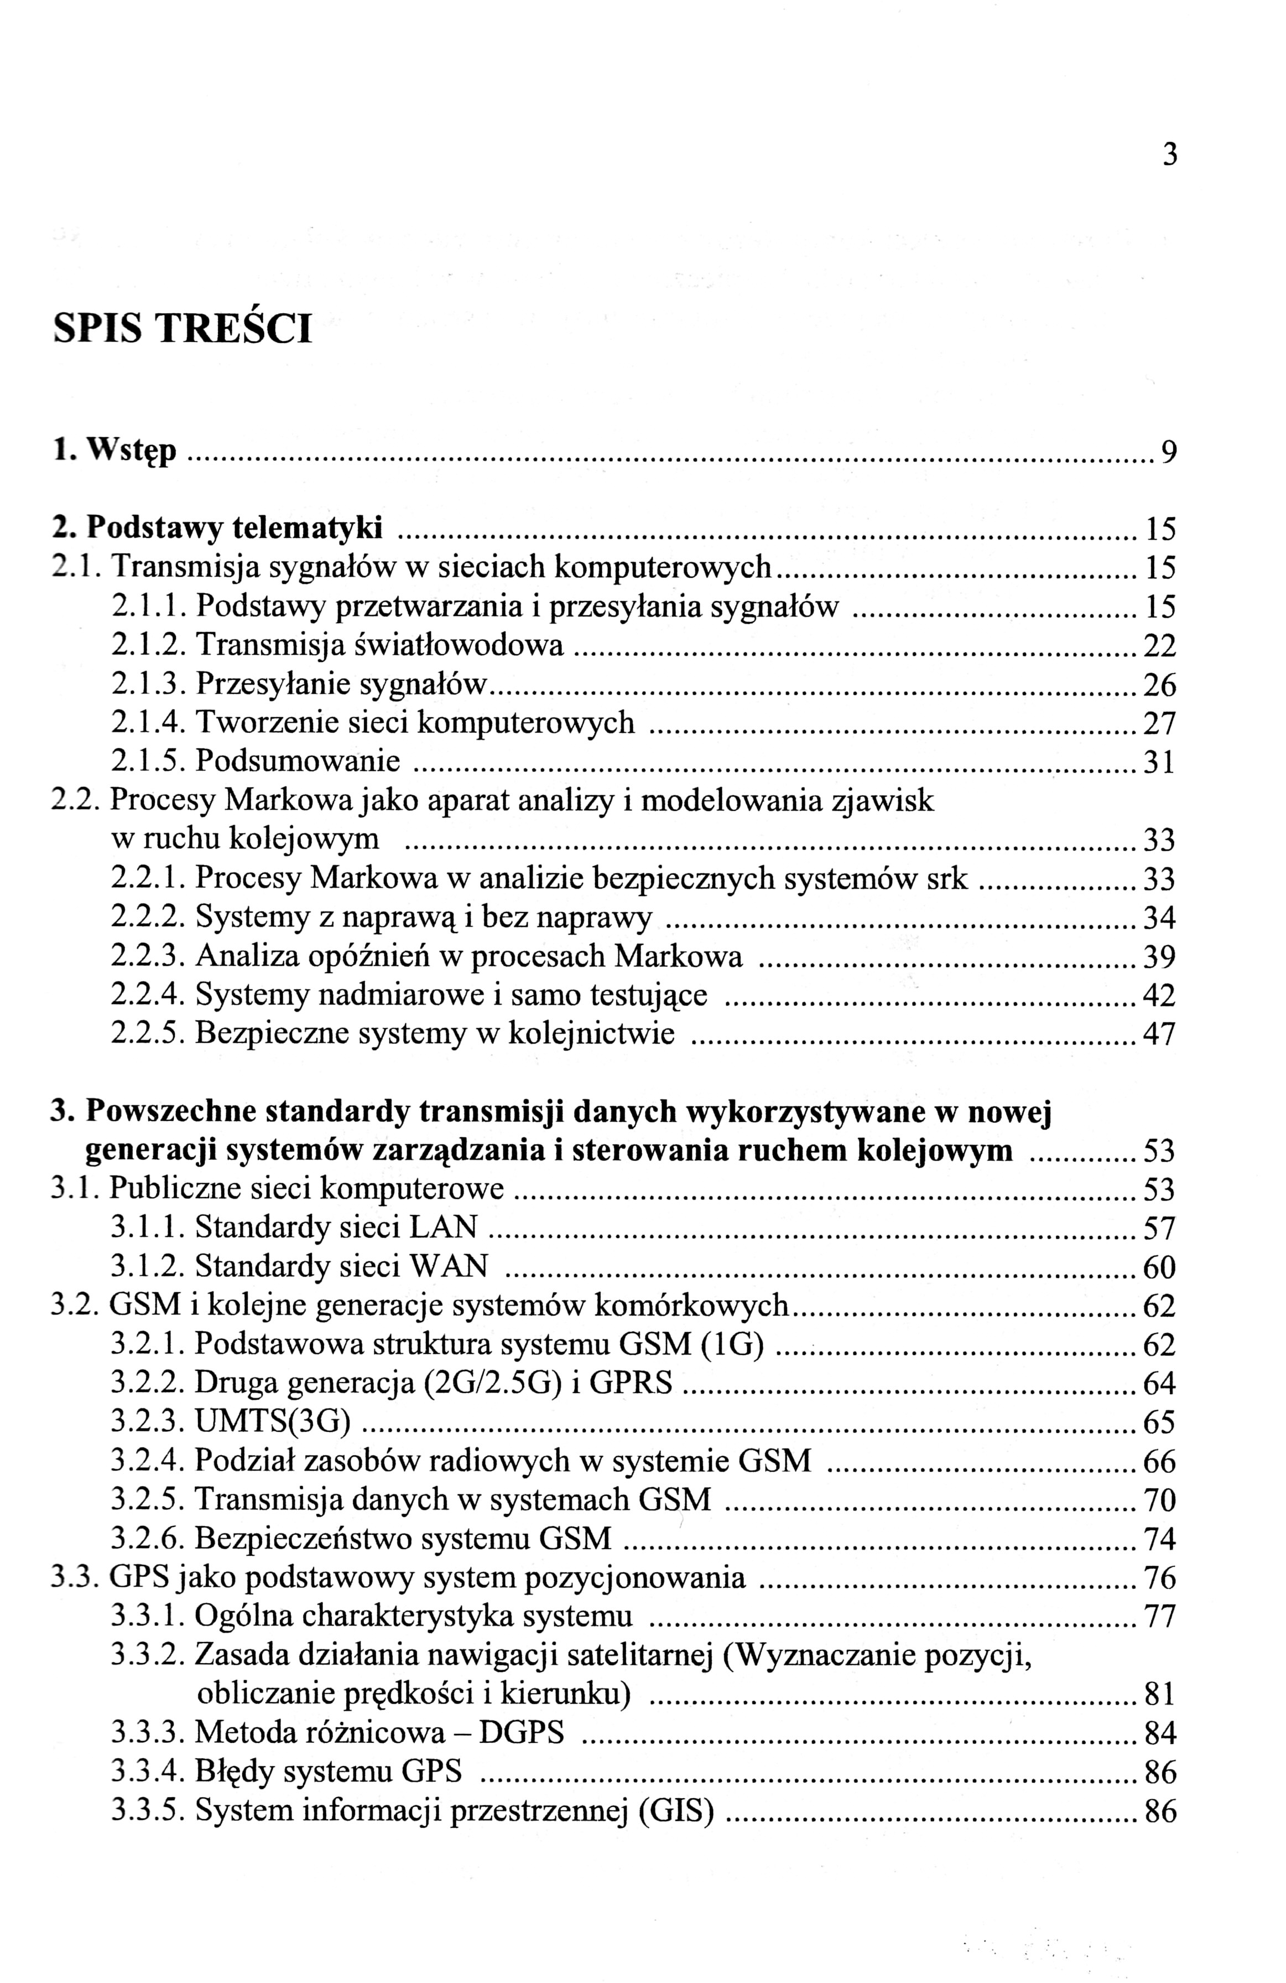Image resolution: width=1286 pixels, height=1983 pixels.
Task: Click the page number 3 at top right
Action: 1169,155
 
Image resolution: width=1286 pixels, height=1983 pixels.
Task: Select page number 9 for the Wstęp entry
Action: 1169,453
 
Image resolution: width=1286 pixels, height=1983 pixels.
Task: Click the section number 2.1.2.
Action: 149,645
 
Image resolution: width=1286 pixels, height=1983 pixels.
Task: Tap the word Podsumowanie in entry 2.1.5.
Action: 298,760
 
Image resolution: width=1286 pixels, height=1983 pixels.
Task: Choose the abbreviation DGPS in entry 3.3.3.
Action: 522,1733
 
